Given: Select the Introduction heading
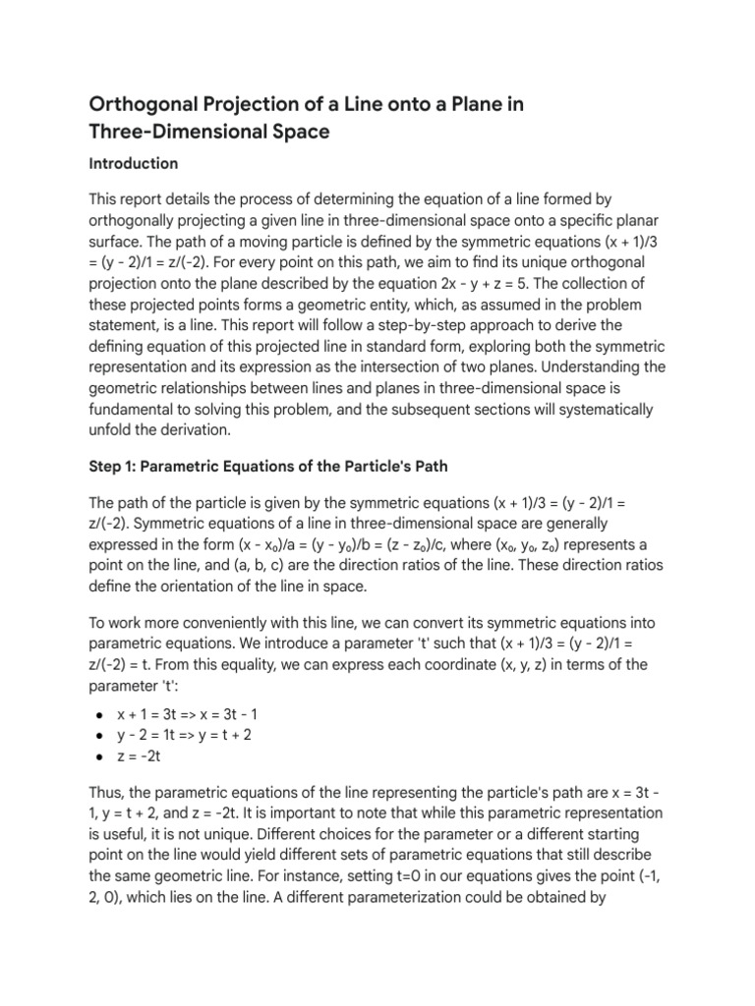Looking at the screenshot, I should (134, 163).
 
